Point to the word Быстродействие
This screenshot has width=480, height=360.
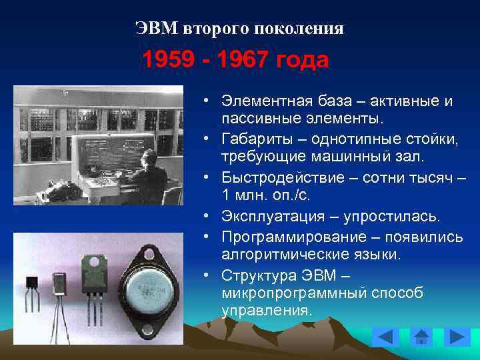(277, 178)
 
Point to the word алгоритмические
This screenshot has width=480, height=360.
(277, 255)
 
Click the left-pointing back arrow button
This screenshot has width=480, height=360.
(385, 337)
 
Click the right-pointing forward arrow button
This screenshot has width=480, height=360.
(457, 337)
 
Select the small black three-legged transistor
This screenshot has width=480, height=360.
(31, 287)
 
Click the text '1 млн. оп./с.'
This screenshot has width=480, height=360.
(260, 197)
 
